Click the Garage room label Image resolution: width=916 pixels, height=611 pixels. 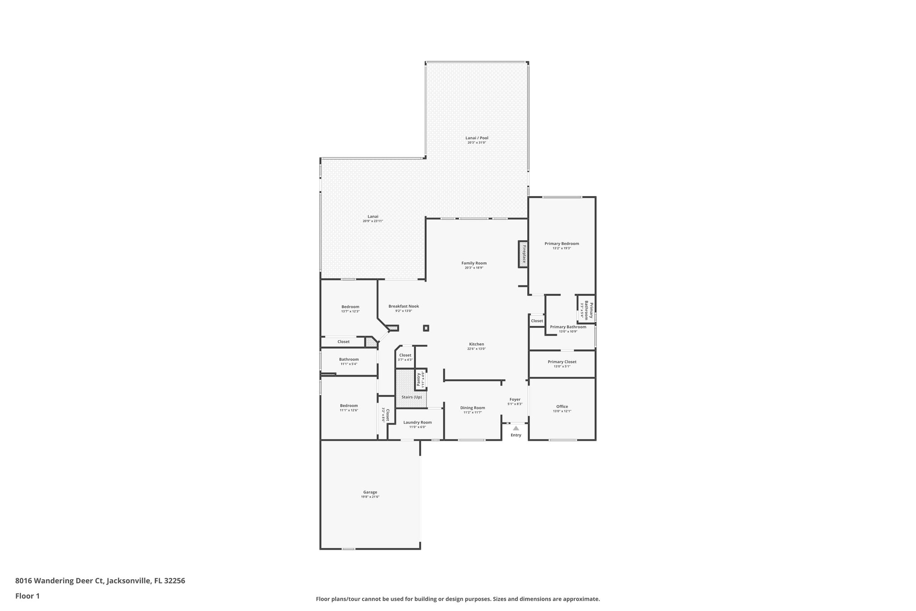click(370, 492)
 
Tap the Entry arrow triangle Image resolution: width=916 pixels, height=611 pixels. click(516, 428)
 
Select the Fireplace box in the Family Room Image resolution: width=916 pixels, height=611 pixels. click(523, 254)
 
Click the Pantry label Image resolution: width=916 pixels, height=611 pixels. click(419, 379)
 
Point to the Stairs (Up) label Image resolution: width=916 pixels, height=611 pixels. click(411, 397)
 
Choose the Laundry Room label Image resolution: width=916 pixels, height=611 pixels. click(417, 422)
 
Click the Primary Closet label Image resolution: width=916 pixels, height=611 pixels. click(562, 362)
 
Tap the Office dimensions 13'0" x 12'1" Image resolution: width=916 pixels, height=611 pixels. click(562, 411)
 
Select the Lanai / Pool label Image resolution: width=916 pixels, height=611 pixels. click(477, 138)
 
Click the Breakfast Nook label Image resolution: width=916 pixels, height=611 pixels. click(403, 306)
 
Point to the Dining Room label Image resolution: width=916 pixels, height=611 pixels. click(472, 408)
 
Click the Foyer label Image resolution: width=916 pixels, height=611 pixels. click(515, 399)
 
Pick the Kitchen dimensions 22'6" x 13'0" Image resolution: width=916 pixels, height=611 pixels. click(476, 349)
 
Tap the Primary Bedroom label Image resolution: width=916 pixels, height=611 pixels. click(562, 244)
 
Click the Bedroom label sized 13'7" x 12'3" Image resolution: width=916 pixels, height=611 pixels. click(350, 307)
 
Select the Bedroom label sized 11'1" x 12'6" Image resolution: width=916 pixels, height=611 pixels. click(348, 406)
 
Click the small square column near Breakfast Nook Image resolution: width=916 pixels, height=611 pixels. click(426, 328)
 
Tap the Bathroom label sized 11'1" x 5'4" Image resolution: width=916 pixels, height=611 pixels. click(348, 359)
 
